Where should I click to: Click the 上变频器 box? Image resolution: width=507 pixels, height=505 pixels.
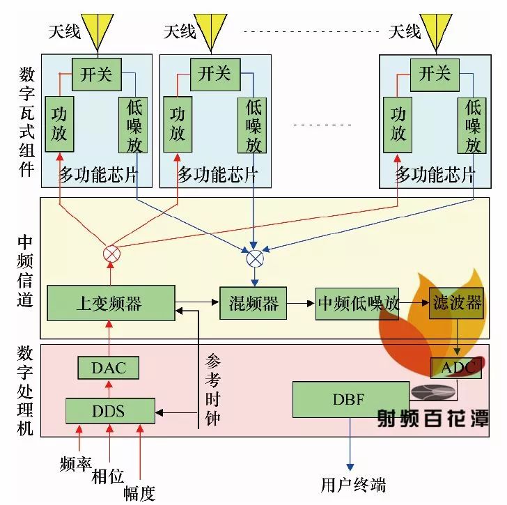[x=110, y=303]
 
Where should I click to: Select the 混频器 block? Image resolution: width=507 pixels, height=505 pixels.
[x=253, y=303]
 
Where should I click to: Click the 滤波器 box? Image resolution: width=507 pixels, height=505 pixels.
[x=455, y=303]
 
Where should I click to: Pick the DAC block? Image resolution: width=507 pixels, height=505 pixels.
[x=109, y=368]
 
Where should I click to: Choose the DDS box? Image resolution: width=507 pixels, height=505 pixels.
[x=109, y=410]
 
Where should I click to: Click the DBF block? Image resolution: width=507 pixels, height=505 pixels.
[x=341, y=400]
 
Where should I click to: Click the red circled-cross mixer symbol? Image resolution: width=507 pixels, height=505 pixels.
[x=111, y=254]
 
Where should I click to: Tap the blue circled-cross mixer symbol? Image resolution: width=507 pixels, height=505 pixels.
[x=256, y=258]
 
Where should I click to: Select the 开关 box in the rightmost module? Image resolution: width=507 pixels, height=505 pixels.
[x=435, y=72]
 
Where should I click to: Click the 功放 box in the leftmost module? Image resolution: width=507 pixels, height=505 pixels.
[x=59, y=124]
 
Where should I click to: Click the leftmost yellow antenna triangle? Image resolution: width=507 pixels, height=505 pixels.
[x=96, y=28]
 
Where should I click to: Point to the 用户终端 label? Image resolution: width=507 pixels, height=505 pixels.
[x=353, y=484]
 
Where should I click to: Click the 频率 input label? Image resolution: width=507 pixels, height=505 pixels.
[x=77, y=463]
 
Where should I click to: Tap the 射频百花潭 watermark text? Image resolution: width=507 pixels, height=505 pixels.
[x=432, y=417]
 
